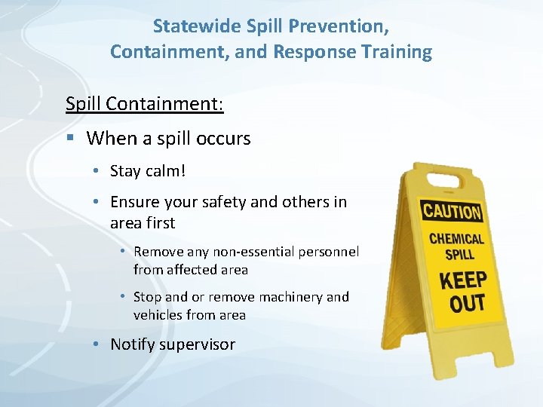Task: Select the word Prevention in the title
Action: point(343,26)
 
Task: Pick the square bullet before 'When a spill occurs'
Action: point(70,139)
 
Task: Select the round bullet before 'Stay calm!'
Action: point(97,172)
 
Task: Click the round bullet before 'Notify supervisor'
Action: point(97,345)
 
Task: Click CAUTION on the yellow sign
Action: point(452,210)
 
